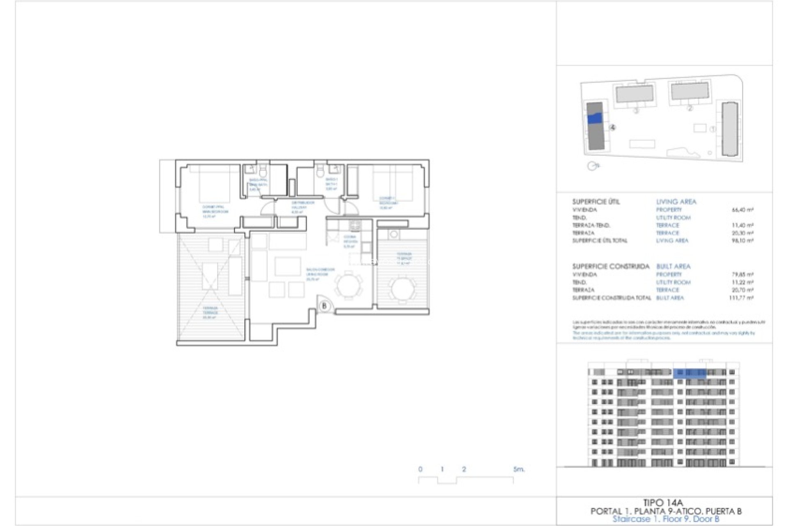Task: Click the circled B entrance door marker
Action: click(324, 306)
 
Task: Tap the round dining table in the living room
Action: click(349, 285)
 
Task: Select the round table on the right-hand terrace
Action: click(402, 288)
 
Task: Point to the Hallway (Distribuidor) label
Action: click(303, 207)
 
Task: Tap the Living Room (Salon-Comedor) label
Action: click(320, 274)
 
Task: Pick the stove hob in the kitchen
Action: click(355, 225)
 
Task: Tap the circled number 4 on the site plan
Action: click(612, 128)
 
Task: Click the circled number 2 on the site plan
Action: click(689, 108)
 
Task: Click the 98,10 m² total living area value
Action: click(742, 241)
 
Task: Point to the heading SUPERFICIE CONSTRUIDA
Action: click(611, 266)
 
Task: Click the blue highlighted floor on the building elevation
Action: click(689, 373)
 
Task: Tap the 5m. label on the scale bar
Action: click(518, 469)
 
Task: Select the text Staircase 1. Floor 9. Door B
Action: click(665, 519)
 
